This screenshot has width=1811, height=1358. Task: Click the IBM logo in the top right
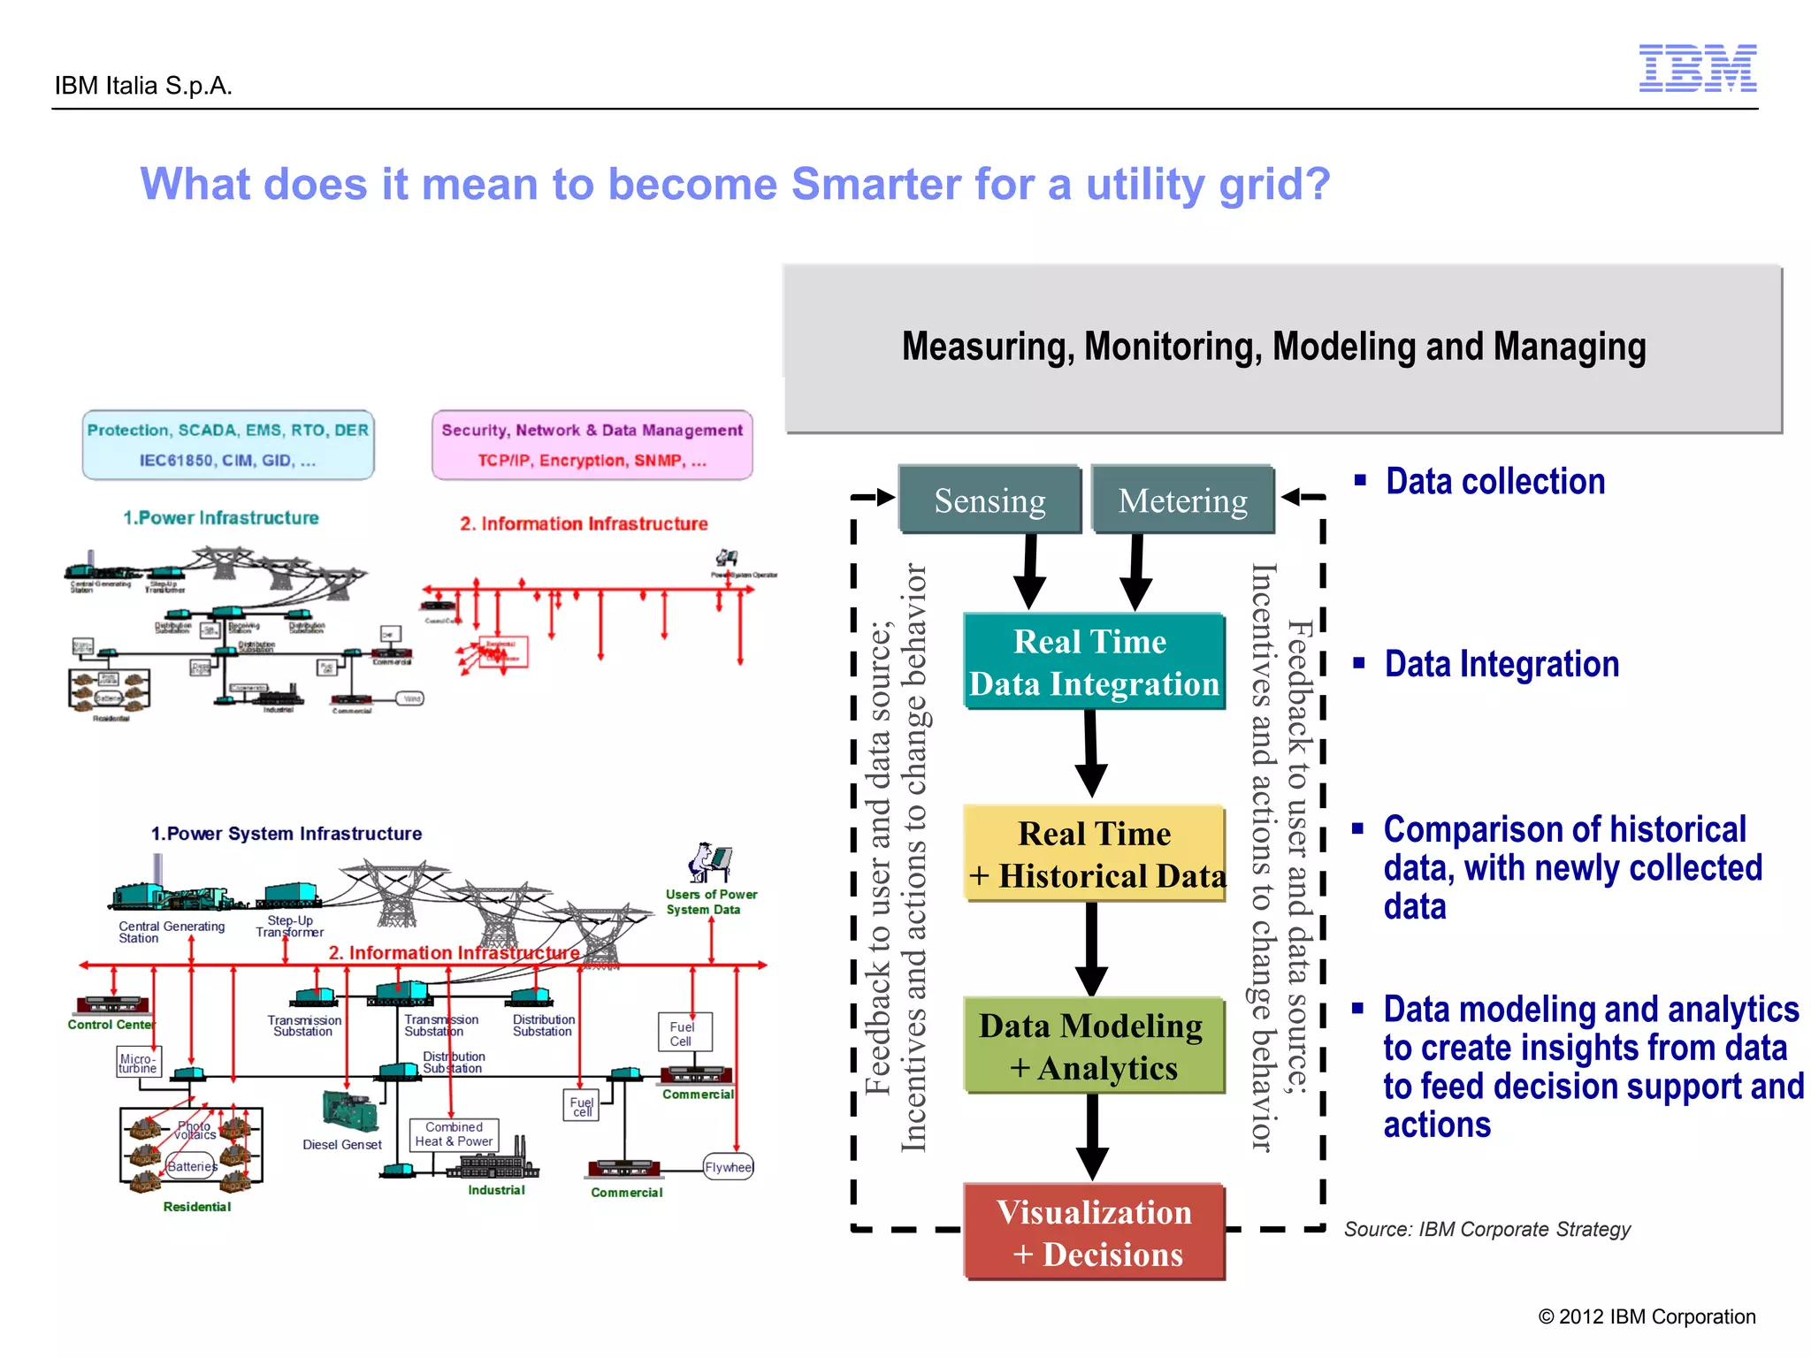point(1697,68)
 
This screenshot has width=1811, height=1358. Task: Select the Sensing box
point(989,500)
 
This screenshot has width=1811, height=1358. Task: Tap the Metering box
point(1182,500)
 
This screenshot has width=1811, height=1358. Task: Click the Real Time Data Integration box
point(1094,662)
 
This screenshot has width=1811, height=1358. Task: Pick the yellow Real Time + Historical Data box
point(1096,854)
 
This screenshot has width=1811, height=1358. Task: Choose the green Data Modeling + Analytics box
point(1094,1046)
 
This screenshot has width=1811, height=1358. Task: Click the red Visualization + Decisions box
point(1094,1232)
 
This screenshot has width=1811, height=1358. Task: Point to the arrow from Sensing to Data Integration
point(1029,572)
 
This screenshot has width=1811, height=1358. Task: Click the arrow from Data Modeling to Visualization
point(1092,1137)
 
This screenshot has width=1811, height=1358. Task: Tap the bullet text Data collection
point(1494,482)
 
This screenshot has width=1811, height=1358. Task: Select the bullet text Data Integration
point(1502,664)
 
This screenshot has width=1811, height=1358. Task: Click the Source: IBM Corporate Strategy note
point(1486,1229)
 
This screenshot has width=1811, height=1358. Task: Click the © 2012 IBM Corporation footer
point(1647,1316)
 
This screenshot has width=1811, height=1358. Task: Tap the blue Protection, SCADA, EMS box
point(228,445)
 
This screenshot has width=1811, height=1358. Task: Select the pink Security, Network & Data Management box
point(592,445)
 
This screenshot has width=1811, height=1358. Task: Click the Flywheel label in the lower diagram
point(728,1167)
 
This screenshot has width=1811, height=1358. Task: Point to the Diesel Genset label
point(342,1145)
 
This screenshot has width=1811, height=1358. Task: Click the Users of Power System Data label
point(710,902)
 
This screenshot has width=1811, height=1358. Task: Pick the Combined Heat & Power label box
point(454,1134)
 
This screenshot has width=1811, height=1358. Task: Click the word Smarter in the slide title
point(875,185)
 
